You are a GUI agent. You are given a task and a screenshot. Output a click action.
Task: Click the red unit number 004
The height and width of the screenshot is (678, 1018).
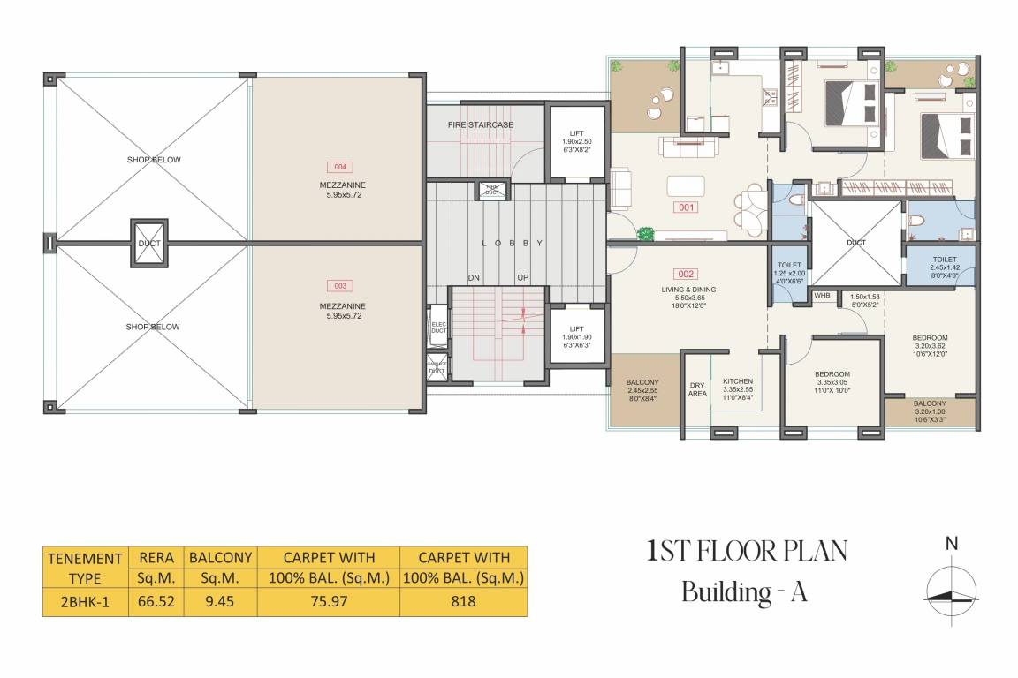338,167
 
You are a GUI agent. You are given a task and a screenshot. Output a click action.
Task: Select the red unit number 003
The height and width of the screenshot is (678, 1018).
338,286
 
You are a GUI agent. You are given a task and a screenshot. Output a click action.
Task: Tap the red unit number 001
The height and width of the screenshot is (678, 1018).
687,209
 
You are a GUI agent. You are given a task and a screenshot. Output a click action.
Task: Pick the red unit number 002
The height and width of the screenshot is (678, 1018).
687,274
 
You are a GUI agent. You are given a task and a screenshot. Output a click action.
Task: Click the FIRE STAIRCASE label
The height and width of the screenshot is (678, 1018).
480,125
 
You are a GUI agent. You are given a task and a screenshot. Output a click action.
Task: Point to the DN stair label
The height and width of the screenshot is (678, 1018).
474,278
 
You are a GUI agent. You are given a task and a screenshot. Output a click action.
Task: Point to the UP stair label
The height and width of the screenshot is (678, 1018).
523,278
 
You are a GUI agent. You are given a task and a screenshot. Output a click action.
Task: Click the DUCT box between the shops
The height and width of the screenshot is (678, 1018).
148,241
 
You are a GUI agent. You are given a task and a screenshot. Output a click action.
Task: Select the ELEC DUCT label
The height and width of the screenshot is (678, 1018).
437,328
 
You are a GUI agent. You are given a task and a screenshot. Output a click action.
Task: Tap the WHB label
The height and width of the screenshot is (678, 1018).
822,296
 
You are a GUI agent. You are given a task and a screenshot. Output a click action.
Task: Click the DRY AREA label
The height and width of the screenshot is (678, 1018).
697,389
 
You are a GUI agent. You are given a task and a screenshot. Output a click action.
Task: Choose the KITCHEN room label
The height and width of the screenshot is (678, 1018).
736,380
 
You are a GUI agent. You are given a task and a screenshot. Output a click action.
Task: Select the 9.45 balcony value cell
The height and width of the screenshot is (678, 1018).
219,602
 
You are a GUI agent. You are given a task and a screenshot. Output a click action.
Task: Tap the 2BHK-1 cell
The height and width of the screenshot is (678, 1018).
84,602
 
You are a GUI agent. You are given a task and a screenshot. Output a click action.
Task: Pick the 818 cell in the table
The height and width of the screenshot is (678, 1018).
463,602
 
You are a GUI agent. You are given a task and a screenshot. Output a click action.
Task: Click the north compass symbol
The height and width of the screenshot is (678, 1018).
952,591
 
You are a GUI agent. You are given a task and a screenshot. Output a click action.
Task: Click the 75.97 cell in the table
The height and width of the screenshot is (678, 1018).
328,602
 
